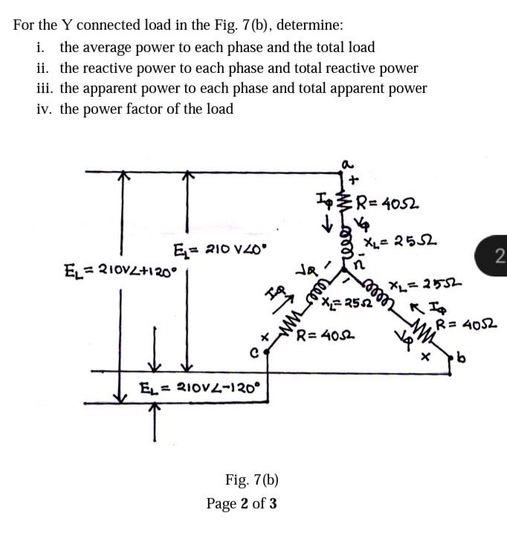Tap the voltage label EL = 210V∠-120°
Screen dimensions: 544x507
201,386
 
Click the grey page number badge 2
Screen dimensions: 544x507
499,257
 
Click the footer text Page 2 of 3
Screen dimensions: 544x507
242,504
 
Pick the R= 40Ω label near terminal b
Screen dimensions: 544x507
467,324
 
